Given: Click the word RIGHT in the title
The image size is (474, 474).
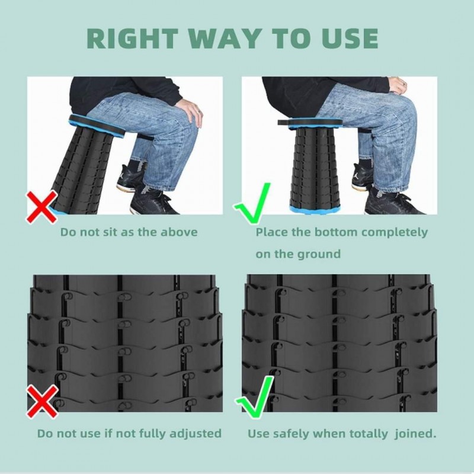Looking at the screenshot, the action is click(x=132, y=39).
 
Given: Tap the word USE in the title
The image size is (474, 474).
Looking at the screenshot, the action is click(x=350, y=39).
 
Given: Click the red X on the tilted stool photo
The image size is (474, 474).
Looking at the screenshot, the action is click(x=41, y=207).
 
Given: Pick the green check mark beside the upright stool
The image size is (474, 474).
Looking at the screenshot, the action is click(x=252, y=203).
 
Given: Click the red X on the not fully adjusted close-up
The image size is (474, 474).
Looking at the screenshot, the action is click(x=42, y=401).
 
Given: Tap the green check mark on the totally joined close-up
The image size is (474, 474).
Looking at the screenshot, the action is click(x=255, y=398).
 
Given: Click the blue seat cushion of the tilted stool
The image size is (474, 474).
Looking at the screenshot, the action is click(x=97, y=126).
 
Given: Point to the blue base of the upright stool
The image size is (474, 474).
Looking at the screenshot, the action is click(x=315, y=209).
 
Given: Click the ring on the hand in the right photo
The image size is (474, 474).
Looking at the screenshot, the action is click(x=405, y=83).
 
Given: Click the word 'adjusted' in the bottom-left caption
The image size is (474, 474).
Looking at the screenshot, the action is click(x=196, y=434).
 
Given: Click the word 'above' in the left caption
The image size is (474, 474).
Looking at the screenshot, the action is click(x=179, y=232).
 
